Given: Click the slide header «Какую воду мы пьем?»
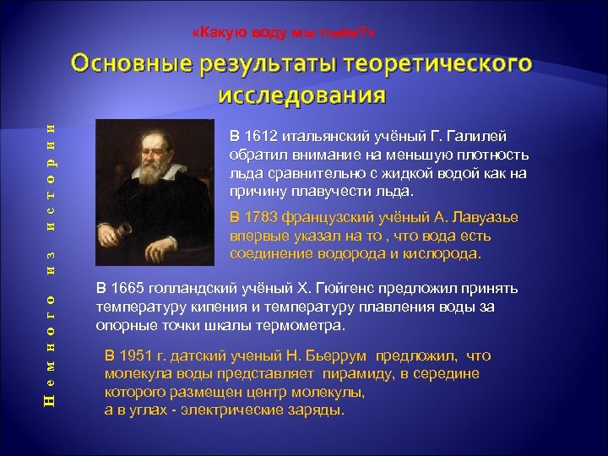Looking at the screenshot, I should [x=284, y=32].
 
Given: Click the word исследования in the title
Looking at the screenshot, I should [x=301, y=93].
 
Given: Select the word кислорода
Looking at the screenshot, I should [x=442, y=253].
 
